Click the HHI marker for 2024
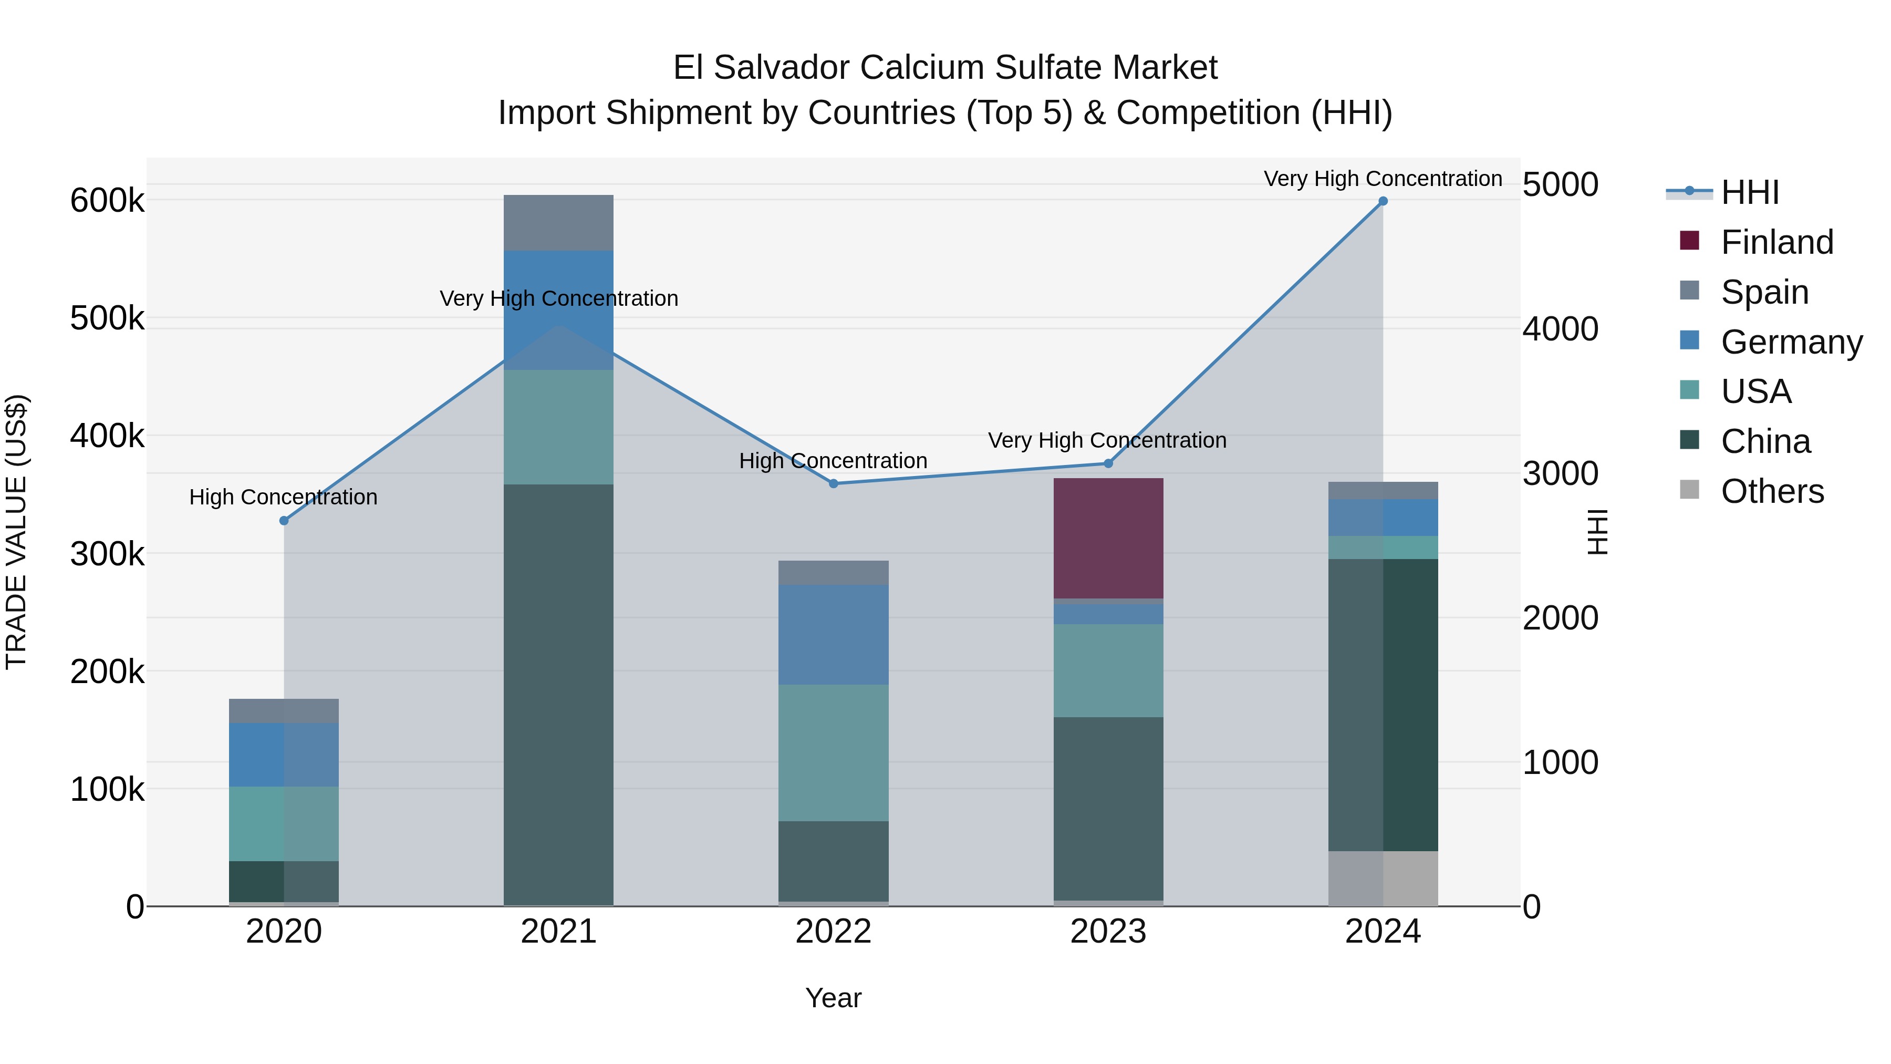click(1383, 201)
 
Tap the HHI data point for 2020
click(284, 521)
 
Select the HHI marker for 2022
click(833, 484)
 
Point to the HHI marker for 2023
click(1108, 463)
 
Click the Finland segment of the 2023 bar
click(1108, 538)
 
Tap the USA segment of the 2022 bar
click(833, 752)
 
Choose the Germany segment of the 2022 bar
click(833, 634)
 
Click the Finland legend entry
click(1776, 242)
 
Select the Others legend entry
click(1772, 491)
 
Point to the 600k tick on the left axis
click(107, 201)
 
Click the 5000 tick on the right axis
click(1560, 184)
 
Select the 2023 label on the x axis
click(1108, 932)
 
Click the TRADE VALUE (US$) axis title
click(16, 532)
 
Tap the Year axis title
click(833, 998)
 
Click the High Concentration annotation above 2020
click(283, 497)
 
